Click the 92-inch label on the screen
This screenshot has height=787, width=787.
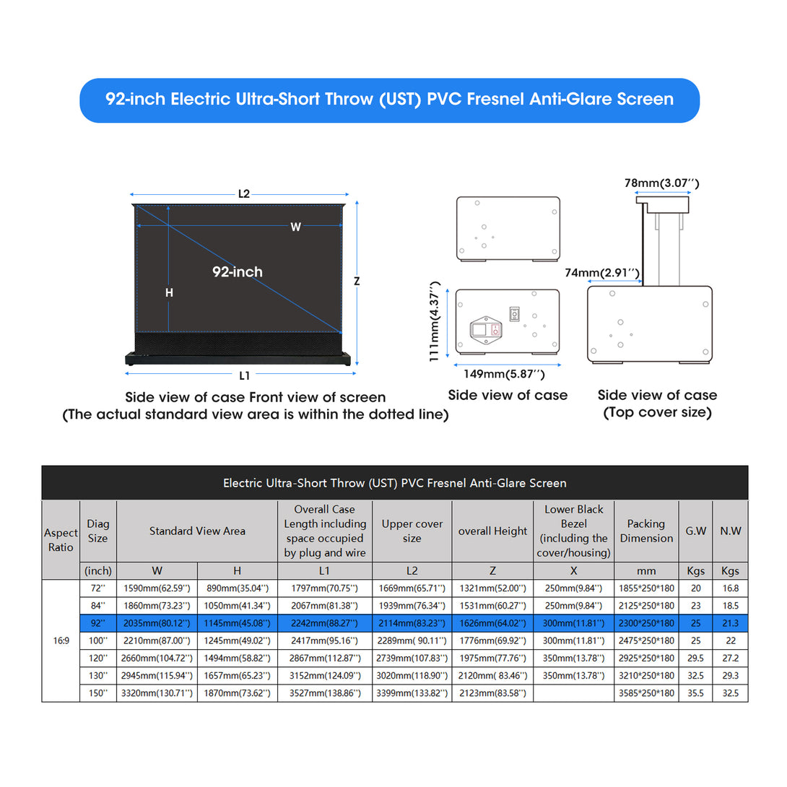(x=238, y=272)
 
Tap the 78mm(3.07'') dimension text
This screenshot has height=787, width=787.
(x=661, y=183)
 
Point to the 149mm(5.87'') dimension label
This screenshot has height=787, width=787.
(x=504, y=374)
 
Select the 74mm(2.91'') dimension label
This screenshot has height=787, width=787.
(x=602, y=272)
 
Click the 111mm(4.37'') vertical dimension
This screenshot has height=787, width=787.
(x=435, y=321)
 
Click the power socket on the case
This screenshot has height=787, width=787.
(x=486, y=330)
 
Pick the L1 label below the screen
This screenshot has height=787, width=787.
(x=245, y=375)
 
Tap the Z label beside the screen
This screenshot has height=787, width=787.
(x=357, y=281)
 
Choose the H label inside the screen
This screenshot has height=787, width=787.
(x=169, y=292)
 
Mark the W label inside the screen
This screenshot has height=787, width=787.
(x=295, y=227)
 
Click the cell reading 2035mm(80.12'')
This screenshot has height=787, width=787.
(x=157, y=623)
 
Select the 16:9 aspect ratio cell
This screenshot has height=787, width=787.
(x=61, y=640)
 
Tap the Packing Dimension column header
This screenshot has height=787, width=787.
(x=646, y=531)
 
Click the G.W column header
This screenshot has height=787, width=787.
(x=695, y=531)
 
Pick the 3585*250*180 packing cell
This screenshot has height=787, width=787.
(x=646, y=693)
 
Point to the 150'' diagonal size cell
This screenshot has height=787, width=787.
(x=98, y=693)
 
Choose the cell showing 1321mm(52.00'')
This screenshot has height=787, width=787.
(x=493, y=588)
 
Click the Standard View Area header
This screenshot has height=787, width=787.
(x=197, y=531)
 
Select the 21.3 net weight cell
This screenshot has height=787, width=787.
(x=730, y=623)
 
